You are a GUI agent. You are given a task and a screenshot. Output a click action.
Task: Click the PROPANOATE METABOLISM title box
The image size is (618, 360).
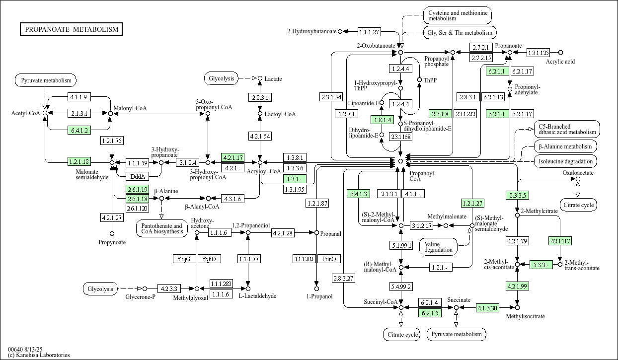(x=72, y=29)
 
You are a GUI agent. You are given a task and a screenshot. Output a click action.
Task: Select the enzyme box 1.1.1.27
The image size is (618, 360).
(x=369, y=32)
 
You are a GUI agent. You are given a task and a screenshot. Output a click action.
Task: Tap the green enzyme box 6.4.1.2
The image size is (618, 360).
(x=79, y=131)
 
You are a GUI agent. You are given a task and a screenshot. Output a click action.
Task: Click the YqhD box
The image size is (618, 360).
(x=210, y=259)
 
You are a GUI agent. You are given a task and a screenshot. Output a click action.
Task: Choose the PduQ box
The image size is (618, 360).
(x=329, y=259)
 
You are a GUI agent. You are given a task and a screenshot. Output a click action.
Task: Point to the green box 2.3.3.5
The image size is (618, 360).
(x=517, y=195)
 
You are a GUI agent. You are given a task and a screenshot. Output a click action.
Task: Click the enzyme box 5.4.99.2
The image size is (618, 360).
(x=401, y=287)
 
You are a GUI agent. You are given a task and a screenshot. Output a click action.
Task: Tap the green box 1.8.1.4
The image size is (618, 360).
(x=382, y=120)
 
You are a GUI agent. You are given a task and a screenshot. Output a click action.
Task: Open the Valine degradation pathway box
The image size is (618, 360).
(x=439, y=246)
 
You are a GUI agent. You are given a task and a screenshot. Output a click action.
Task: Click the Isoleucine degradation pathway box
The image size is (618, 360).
(x=566, y=161)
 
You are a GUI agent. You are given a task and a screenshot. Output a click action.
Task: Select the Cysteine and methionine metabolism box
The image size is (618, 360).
(x=457, y=15)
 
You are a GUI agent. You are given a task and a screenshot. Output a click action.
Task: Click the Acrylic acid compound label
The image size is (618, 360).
(x=560, y=62)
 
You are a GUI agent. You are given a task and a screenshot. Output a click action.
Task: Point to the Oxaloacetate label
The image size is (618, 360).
(x=578, y=173)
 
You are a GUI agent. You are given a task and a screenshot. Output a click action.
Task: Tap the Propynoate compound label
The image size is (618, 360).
(x=112, y=242)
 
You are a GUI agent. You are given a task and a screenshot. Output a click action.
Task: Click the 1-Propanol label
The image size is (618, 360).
(x=316, y=296)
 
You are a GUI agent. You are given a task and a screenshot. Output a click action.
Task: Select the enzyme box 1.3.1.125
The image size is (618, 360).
(x=538, y=52)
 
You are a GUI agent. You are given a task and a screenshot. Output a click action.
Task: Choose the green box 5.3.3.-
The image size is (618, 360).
(x=541, y=265)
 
